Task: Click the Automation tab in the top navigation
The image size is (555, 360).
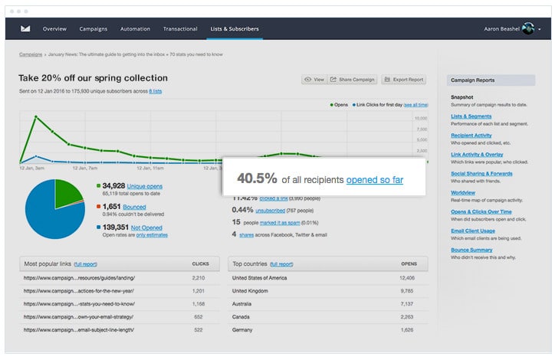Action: tap(135, 29)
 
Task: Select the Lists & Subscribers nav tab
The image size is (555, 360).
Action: tap(235, 29)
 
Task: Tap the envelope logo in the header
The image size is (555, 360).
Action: tap(25, 29)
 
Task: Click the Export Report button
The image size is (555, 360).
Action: tap(403, 80)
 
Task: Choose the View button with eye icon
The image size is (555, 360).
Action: tap(314, 80)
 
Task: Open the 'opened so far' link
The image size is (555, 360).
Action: tap(374, 179)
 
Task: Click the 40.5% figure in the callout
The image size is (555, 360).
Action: tap(256, 178)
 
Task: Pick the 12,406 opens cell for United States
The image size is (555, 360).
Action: tap(407, 278)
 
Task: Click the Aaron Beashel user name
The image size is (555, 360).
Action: tap(501, 29)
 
